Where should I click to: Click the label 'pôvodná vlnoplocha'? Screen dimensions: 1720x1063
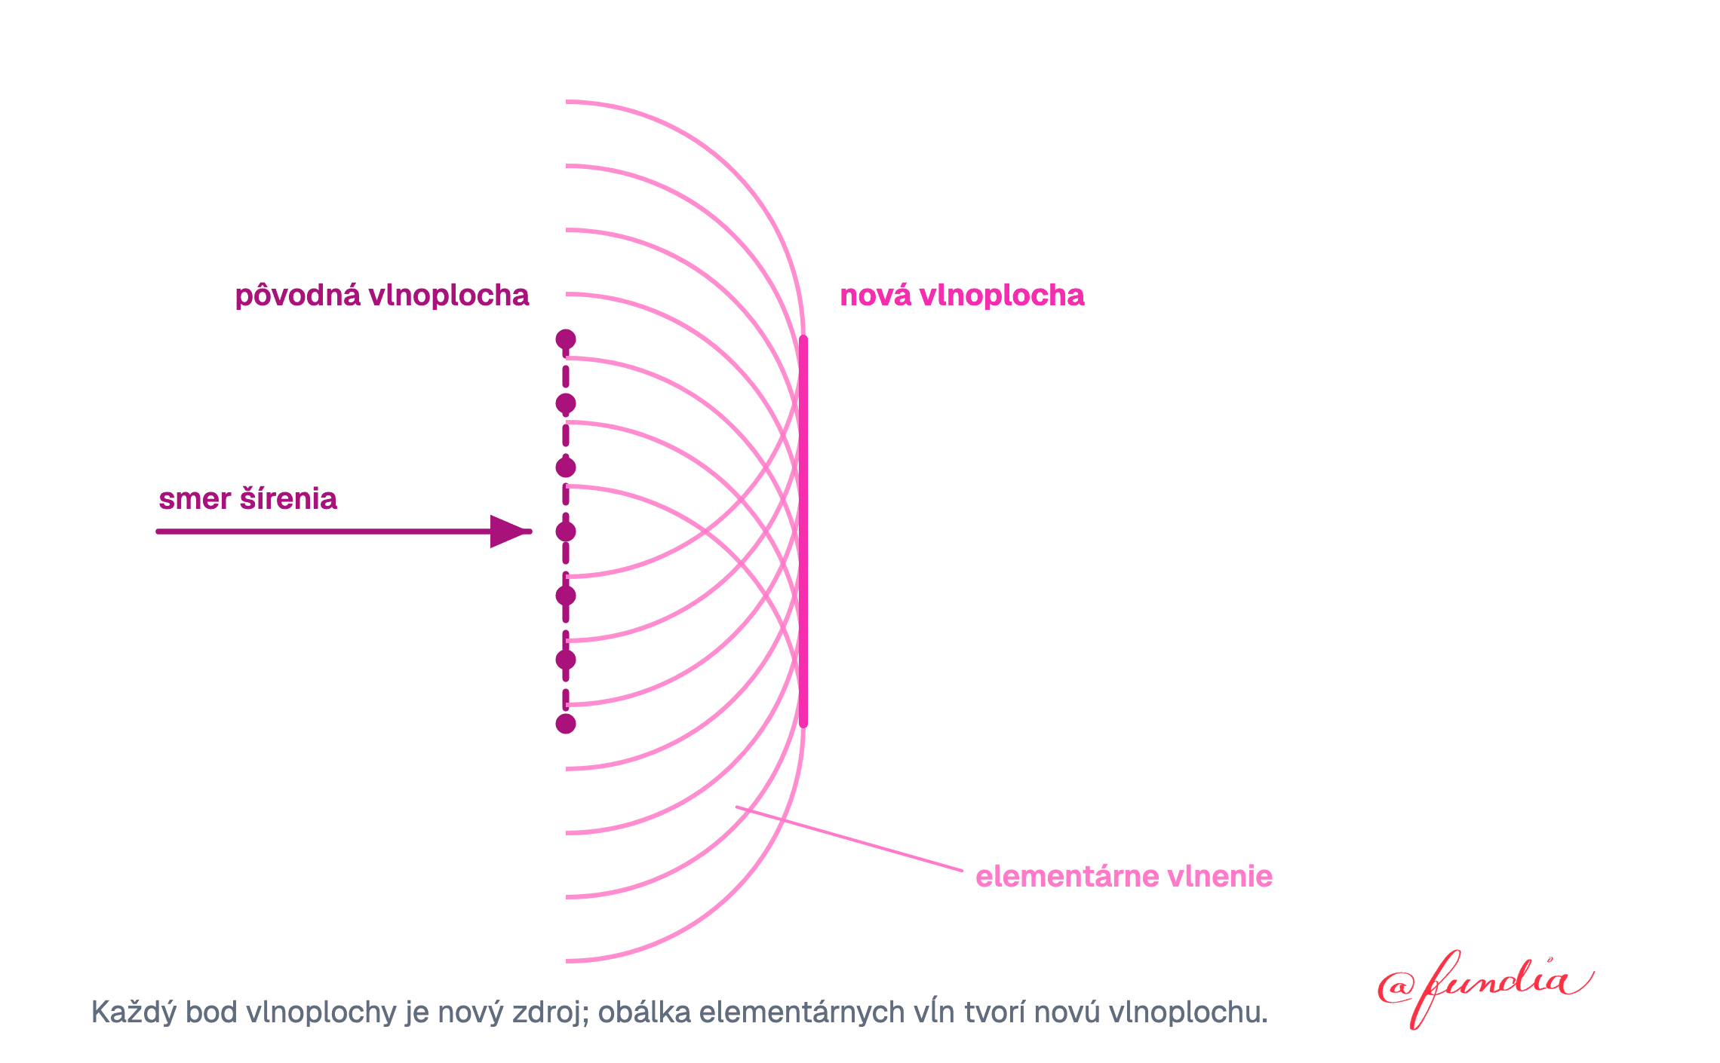tap(382, 296)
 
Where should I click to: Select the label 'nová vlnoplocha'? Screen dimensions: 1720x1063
tap(962, 296)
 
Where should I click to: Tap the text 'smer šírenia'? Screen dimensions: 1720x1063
tap(247, 499)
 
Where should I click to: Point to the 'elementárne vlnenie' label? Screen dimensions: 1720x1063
tap(1124, 877)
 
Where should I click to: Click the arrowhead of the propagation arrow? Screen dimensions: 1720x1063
tap(511, 531)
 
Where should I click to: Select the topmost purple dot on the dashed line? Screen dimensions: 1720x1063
tap(566, 339)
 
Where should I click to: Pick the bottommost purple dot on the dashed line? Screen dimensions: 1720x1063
tap(566, 724)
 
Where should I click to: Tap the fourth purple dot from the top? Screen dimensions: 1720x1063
tap(566, 531)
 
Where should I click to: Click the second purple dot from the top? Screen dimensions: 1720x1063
tap(566, 403)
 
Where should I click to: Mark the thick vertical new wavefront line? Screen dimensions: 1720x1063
tap(803, 531)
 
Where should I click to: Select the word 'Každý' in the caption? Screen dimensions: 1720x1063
tap(134, 1012)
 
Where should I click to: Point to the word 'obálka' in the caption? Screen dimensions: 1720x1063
tap(644, 1012)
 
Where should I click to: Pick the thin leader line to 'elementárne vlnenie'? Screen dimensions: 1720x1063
tap(849, 838)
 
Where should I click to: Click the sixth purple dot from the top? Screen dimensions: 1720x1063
tap(566, 660)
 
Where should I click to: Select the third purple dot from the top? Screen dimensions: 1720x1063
tap(566, 467)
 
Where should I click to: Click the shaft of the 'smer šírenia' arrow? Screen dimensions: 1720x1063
tap(324, 531)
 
